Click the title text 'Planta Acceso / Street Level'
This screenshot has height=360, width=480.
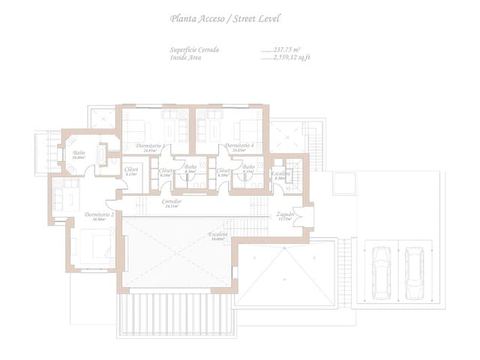225,18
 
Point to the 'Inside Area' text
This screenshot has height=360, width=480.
187,55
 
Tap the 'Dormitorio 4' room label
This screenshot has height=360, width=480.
239,145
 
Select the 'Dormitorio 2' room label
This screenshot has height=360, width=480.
98,215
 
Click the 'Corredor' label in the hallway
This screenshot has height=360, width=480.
172,202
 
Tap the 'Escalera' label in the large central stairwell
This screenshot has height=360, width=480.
218,235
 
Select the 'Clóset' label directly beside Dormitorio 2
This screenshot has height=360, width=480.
131,169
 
